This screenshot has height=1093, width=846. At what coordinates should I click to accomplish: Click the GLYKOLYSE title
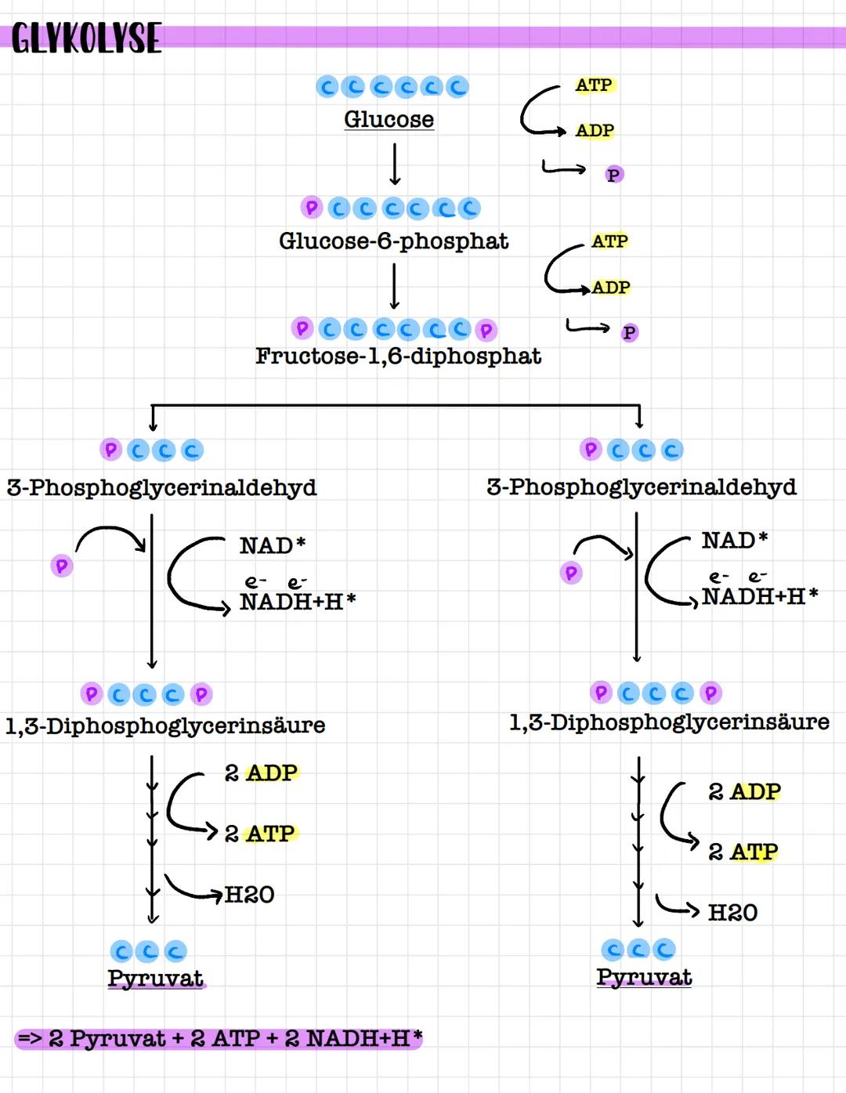point(86,38)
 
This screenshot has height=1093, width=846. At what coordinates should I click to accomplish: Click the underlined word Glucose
point(389,119)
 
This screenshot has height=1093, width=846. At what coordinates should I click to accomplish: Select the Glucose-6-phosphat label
point(393,241)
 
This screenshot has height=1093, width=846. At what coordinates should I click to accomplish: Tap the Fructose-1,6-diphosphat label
point(398,356)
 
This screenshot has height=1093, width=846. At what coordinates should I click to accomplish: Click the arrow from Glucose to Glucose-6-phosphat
point(395,164)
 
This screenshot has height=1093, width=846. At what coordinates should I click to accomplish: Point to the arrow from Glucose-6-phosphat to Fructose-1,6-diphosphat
point(395,286)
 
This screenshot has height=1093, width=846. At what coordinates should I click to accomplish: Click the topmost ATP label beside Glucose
point(594,85)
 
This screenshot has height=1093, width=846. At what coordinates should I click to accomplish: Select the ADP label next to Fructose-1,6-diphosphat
point(611,288)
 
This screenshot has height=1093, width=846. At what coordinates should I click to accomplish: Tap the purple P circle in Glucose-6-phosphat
point(312,208)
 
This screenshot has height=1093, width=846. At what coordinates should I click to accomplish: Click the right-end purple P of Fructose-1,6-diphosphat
point(486,331)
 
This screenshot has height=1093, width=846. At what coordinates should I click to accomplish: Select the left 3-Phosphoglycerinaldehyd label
point(161,487)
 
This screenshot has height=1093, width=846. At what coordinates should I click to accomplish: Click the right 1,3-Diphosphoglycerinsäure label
point(669,722)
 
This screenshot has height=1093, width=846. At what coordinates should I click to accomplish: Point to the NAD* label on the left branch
point(272,545)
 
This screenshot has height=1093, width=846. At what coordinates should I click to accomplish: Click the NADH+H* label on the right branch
point(759,597)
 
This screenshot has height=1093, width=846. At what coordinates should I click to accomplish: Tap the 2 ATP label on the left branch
point(260,833)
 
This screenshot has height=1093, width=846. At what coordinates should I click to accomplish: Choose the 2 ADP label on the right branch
point(744,791)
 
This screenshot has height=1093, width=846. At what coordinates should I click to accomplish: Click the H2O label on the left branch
point(249,895)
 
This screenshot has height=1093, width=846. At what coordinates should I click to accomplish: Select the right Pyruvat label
point(644,977)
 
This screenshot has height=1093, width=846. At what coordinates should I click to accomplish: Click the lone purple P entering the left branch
point(62,566)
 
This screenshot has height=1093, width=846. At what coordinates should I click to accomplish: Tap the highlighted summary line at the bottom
point(219,1039)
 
